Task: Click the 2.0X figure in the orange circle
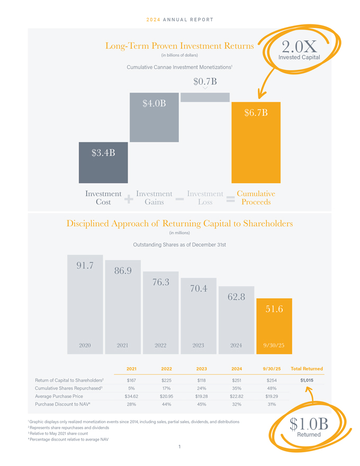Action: [300, 47]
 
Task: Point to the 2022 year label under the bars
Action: [161, 345]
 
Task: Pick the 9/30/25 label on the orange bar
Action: [274, 345]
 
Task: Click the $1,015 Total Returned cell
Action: [307, 380]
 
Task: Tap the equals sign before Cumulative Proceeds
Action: [230, 199]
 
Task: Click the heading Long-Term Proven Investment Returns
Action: [179, 46]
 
